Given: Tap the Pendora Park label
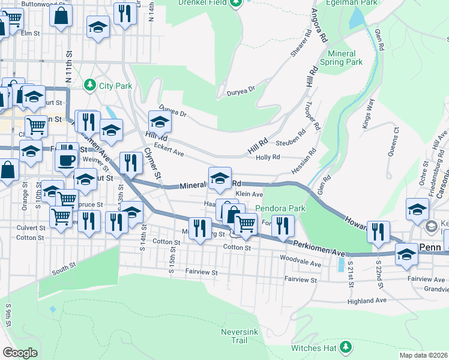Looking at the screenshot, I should (x=280, y=208).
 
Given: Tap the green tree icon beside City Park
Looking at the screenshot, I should (x=91, y=85).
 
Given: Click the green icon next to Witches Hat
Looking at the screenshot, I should (x=345, y=347).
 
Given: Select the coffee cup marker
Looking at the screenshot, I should (x=66, y=160).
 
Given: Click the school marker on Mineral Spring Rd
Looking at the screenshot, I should (x=220, y=177).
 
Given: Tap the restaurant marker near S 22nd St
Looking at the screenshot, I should (x=378, y=231).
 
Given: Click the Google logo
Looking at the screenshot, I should (x=20, y=353).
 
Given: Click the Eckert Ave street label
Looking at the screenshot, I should (x=169, y=152).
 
